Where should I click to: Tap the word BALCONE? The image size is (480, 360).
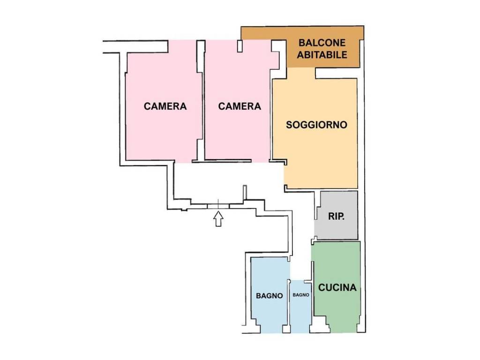[x=322, y=43]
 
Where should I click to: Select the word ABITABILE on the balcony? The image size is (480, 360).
[x=322, y=55]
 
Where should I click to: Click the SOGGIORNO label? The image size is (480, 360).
[x=316, y=125]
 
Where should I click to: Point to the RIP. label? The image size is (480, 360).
[x=336, y=217]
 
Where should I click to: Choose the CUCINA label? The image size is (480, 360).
[x=337, y=287]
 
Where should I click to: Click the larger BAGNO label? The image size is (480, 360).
[x=270, y=296]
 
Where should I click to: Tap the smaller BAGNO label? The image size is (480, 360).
[x=301, y=295]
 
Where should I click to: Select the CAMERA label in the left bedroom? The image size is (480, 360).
[x=165, y=106]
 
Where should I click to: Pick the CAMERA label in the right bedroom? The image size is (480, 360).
[x=240, y=106]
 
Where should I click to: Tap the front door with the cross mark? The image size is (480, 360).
[x=218, y=206]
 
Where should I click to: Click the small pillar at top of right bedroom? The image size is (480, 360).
[x=240, y=46]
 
